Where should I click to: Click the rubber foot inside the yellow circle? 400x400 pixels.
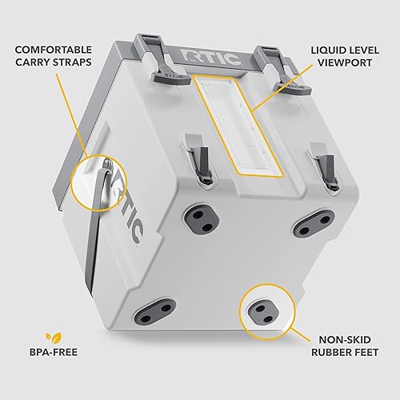point(260,308)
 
